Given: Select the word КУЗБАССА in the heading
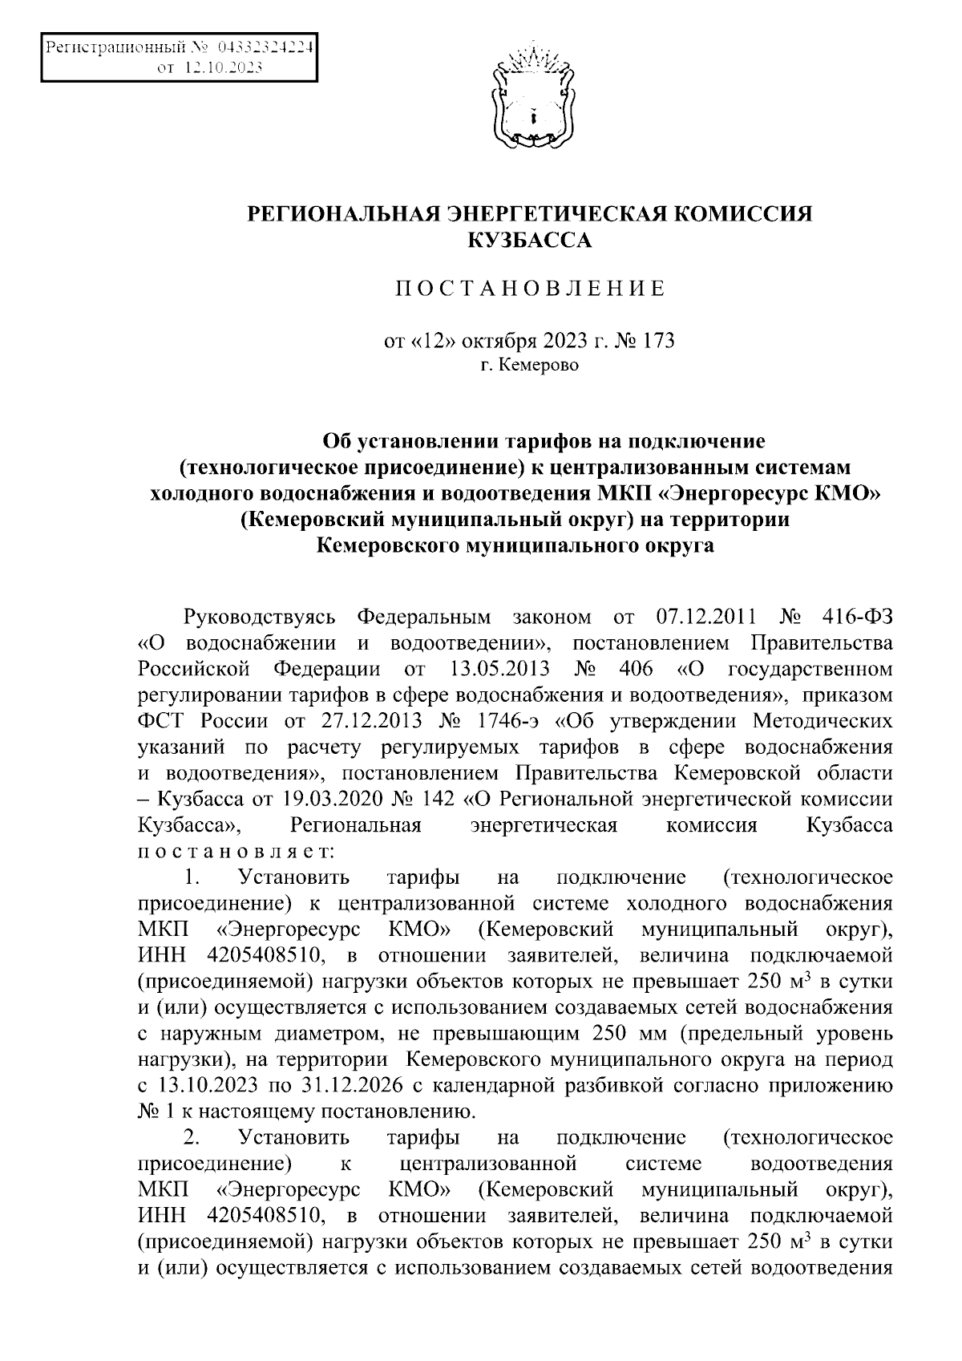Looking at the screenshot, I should (528, 239).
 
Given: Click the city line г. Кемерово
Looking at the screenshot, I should (529, 366).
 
